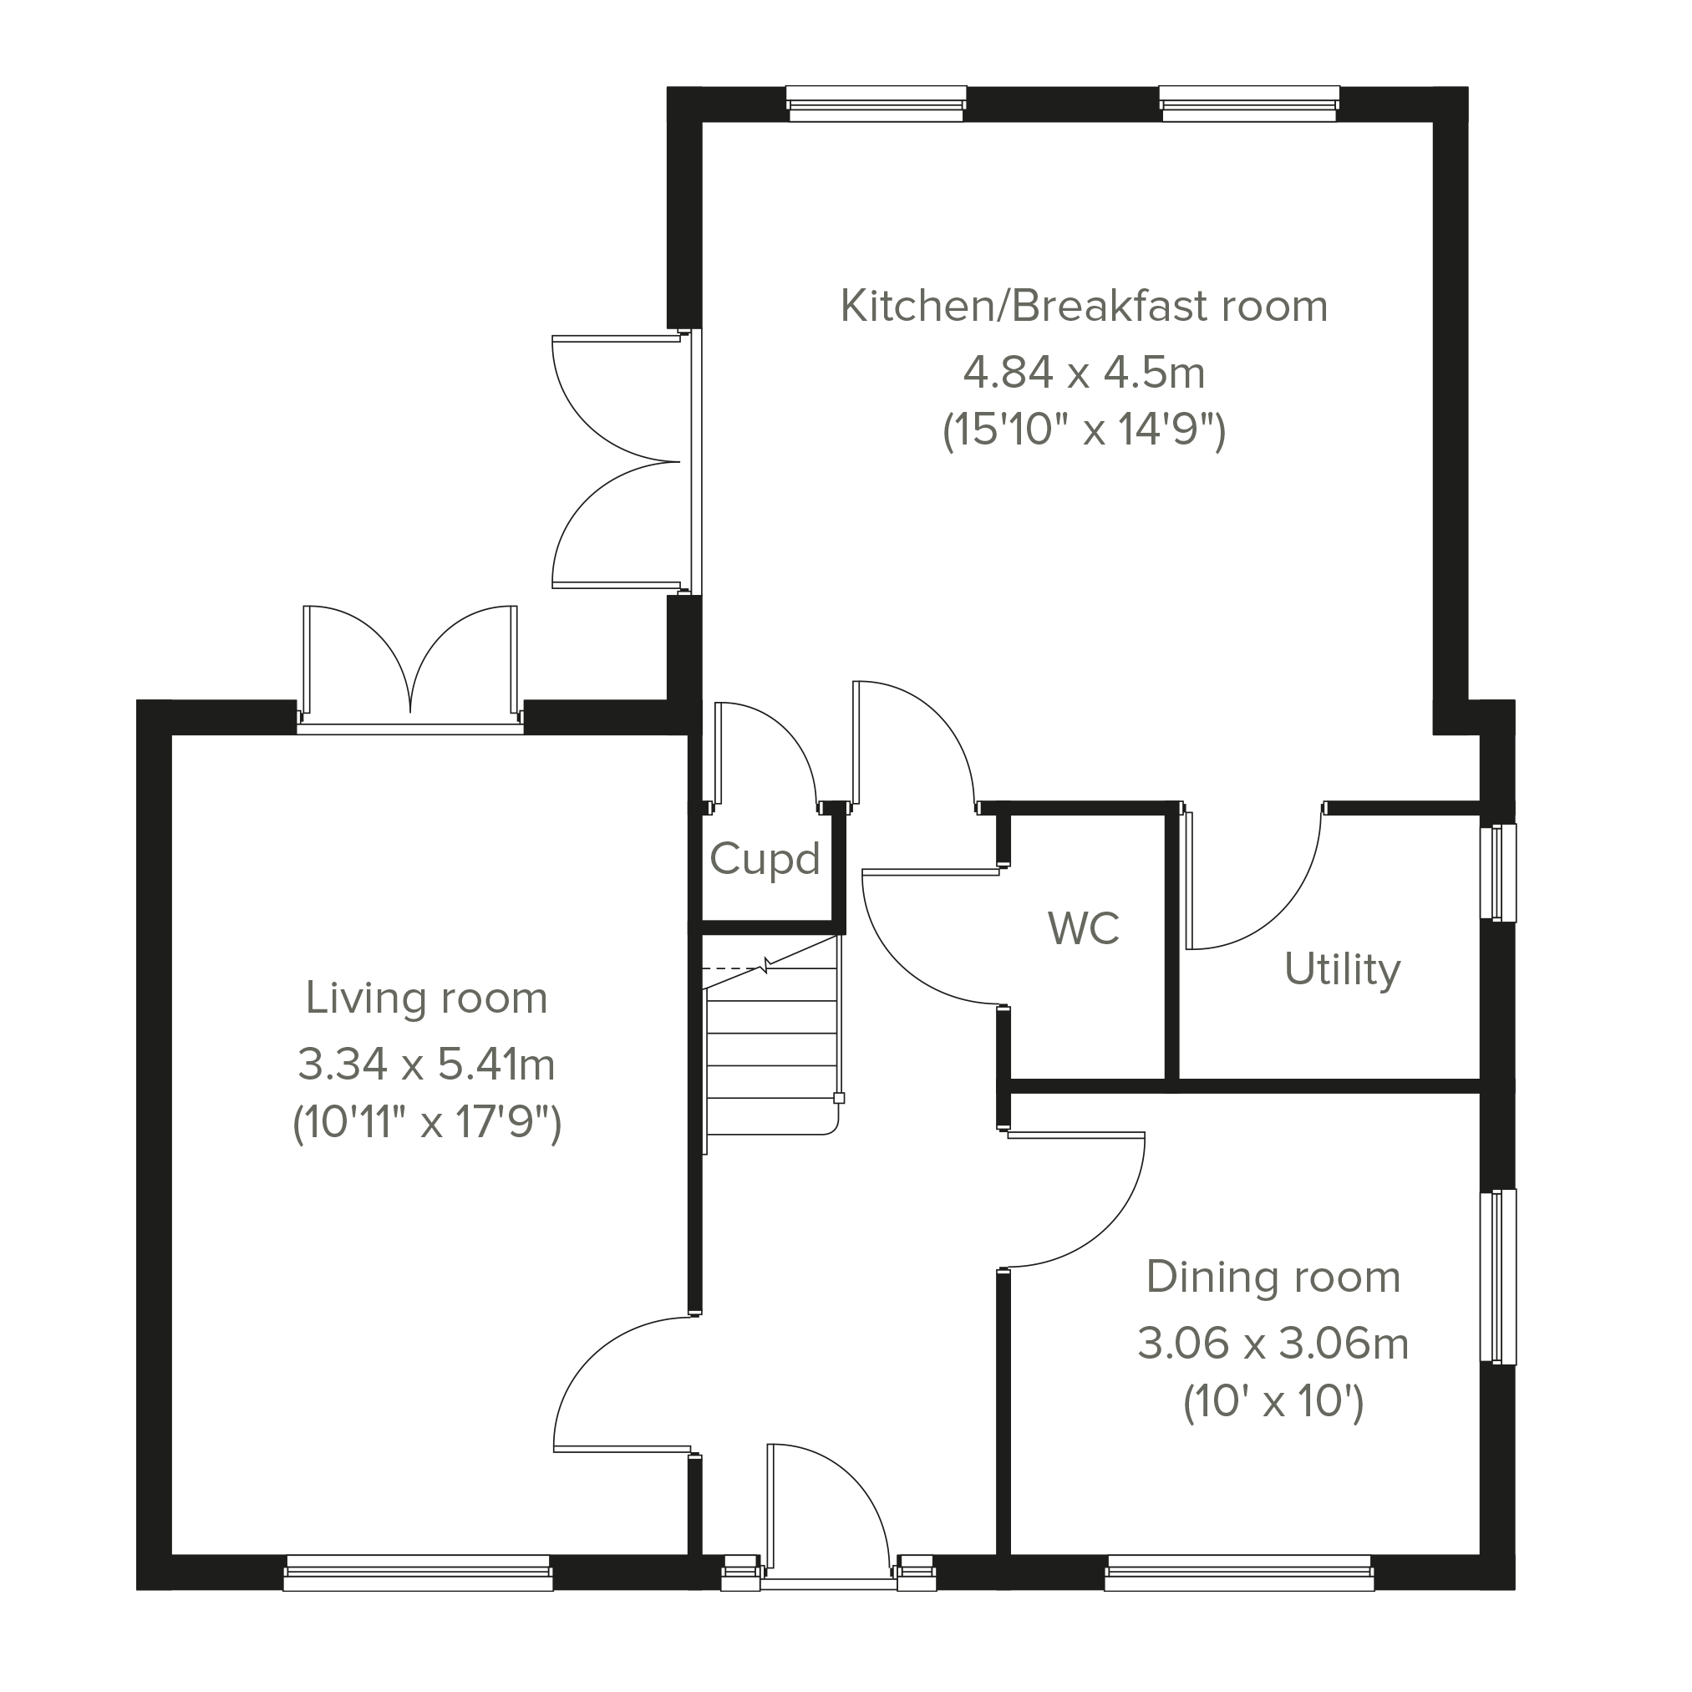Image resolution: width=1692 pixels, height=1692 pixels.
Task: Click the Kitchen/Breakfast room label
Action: (1084, 307)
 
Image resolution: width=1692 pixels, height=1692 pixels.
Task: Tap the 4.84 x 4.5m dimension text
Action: (1085, 372)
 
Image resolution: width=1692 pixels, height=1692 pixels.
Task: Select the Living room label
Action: (426, 998)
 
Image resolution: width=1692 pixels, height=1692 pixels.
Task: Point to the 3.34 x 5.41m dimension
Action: (426, 1064)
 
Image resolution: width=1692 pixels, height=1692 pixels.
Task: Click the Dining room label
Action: (1273, 1277)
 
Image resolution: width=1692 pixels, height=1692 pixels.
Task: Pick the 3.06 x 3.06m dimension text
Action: (1273, 1344)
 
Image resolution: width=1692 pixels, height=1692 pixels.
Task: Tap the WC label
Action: (1084, 928)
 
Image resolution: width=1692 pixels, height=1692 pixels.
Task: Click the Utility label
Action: (1343, 970)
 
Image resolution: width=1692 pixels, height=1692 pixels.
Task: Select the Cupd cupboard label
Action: (765, 859)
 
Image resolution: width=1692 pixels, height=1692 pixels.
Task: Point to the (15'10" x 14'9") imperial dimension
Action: (1085, 430)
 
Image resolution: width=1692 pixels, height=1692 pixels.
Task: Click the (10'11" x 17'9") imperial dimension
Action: (426, 1122)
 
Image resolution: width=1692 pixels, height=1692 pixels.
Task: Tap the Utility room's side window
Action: (1498, 872)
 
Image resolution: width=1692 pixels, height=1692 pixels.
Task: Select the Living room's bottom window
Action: (419, 1573)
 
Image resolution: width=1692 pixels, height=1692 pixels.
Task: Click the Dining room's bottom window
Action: (1239, 1573)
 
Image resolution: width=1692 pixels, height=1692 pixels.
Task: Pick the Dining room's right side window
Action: (1498, 1277)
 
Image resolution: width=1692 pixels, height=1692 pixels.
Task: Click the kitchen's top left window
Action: (876, 104)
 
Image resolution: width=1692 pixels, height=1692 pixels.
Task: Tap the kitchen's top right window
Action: (1250, 104)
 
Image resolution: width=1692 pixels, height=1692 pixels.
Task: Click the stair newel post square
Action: (839, 1098)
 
